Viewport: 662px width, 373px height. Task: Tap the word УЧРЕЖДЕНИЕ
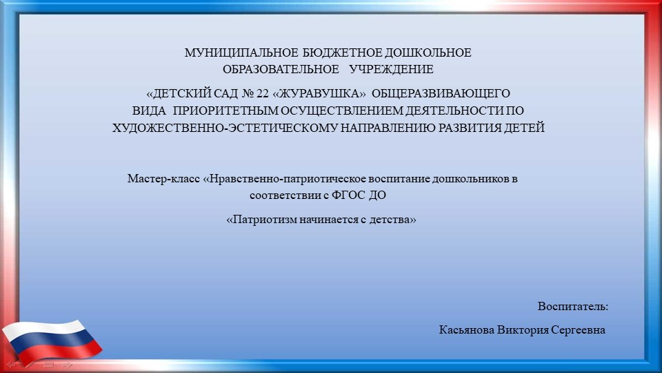[391, 69]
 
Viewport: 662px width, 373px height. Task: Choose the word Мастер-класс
[163, 179]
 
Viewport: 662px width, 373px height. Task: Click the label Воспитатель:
[573, 306]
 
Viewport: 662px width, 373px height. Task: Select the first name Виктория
[521, 330]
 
